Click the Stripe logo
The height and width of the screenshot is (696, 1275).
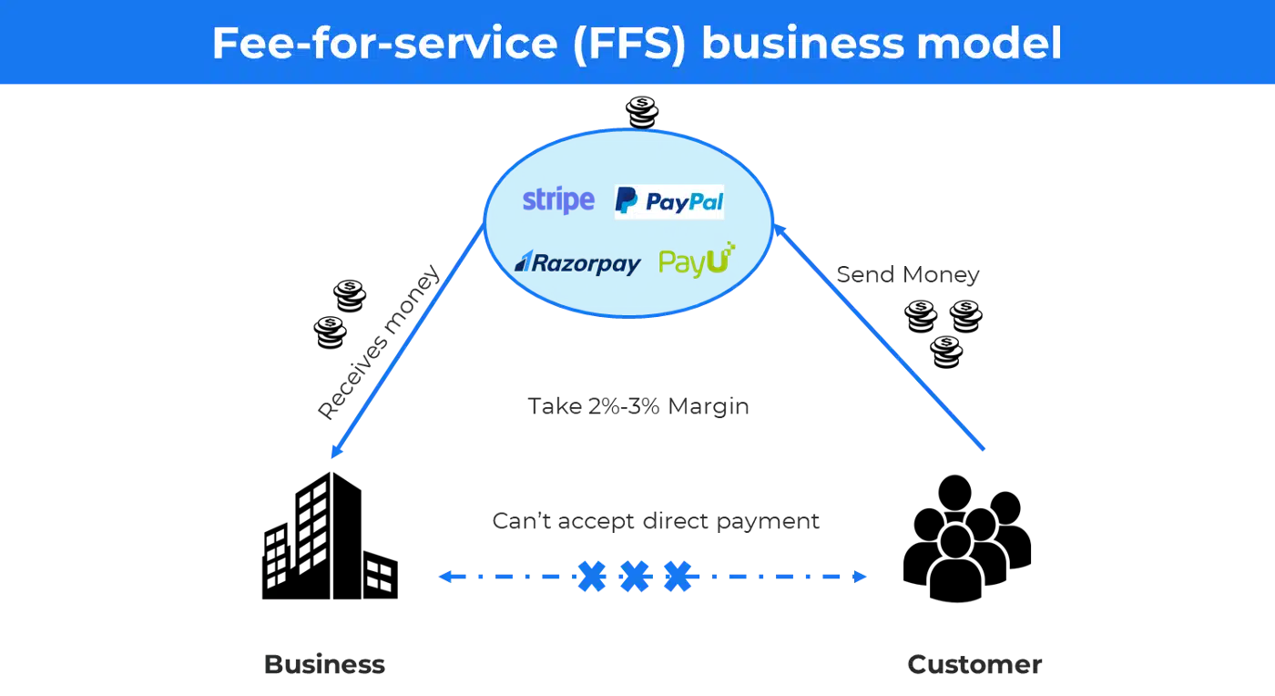point(558,200)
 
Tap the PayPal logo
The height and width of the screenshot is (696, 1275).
point(668,201)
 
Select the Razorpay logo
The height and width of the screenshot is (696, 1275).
point(577,263)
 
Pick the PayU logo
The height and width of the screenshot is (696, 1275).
point(697,260)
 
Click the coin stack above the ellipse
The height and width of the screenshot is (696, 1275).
point(642,112)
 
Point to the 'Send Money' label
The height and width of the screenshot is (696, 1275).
point(908,274)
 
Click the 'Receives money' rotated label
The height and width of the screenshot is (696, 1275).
point(379,343)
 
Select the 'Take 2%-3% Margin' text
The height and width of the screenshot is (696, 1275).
point(638,406)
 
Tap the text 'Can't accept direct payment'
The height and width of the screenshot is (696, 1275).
point(656,521)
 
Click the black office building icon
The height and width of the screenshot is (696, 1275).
point(330,536)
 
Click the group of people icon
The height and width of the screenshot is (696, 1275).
point(967,538)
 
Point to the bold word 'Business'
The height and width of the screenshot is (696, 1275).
point(324,665)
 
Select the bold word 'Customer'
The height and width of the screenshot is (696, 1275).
point(974,665)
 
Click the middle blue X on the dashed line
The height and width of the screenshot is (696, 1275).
point(634,577)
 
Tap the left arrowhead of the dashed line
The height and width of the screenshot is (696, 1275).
point(445,577)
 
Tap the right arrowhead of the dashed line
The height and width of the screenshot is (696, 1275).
point(860,577)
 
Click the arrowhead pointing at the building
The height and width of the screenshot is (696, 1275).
point(337,450)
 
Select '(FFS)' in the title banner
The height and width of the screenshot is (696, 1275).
point(629,44)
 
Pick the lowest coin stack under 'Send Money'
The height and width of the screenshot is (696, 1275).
point(946,352)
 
